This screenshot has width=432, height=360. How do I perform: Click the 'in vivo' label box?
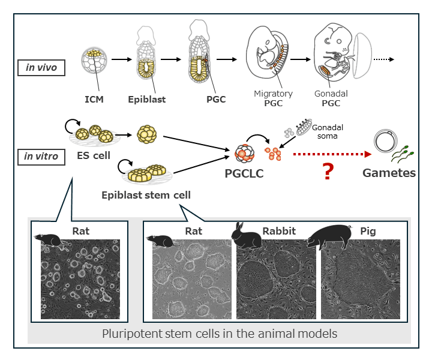pos(41,67)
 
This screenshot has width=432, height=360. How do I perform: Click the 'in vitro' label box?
pos(41,157)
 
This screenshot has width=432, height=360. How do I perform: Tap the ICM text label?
pos(94,99)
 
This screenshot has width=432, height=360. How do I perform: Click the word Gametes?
pos(389,173)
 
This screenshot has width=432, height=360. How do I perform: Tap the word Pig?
pos(368,230)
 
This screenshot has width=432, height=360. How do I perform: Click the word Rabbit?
pos(279,230)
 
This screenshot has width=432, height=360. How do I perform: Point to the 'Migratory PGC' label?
pos(273,98)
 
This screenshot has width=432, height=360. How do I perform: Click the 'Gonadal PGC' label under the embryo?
pos(331,98)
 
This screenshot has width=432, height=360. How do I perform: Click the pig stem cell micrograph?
pos(362,279)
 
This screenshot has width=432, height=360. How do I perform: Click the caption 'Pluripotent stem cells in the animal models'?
pos(220,334)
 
